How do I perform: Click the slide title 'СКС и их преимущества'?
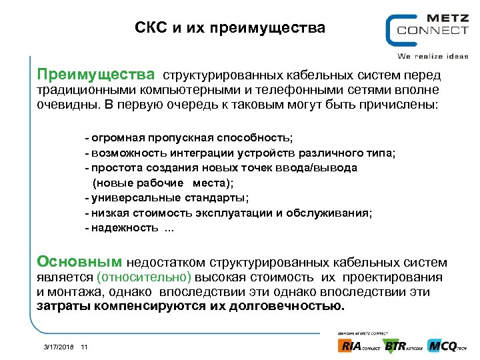point(230,28)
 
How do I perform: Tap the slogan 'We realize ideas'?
point(433,56)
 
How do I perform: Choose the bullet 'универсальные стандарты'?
point(170,197)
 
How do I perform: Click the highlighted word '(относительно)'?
point(144,277)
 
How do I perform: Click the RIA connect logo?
point(359,345)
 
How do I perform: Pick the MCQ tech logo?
point(447,345)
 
